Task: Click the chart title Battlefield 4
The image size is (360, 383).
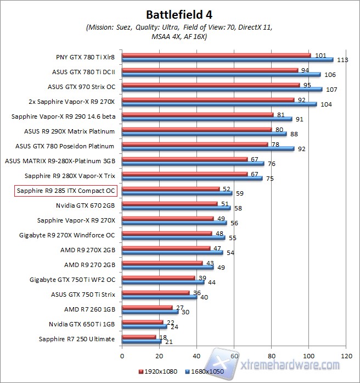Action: click(x=179, y=13)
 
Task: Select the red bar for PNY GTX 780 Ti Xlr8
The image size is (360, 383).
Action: click(x=216, y=55)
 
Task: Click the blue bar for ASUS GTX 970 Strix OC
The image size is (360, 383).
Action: click(x=222, y=89)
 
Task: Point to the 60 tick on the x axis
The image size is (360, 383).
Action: click(x=234, y=356)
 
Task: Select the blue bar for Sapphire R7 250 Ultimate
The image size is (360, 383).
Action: click(x=142, y=342)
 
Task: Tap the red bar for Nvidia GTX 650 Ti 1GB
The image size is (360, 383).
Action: click(x=143, y=322)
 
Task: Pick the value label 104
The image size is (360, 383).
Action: click(x=326, y=104)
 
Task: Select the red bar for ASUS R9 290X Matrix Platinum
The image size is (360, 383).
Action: click(x=196, y=130)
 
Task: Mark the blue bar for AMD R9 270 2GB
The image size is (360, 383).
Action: click(x=167, y=267)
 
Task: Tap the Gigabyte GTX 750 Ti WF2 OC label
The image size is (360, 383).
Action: click(x=72, y=280)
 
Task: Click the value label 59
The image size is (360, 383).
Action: click(x=239, y=193)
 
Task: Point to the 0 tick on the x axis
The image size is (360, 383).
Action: click(x=122, y=356)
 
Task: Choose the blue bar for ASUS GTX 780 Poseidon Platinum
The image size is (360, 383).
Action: click(x=208, y=148)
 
